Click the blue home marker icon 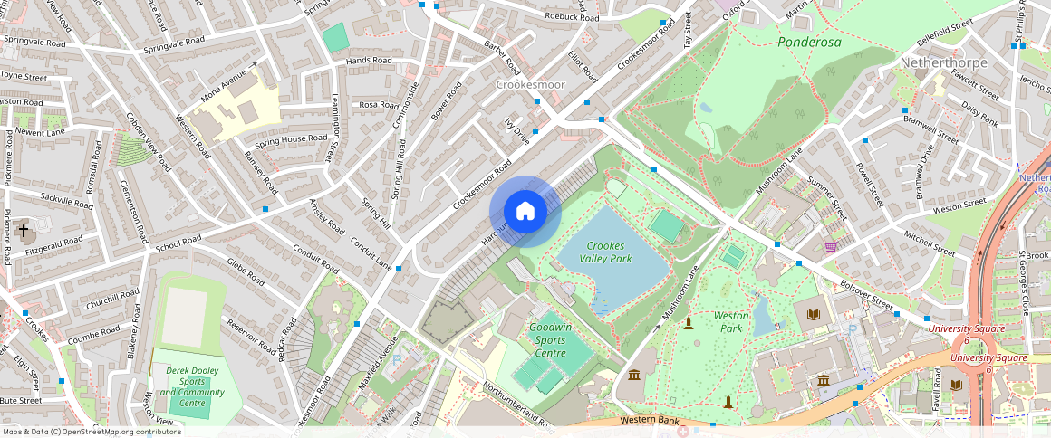tap(525, 212)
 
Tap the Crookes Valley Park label tap(608, 252)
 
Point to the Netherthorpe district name tap(943, 62)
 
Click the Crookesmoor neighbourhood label tap(530, 85)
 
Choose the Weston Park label tap(731, 322)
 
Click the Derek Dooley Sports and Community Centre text tap(190, 386)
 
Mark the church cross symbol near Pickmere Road tap(23, 231)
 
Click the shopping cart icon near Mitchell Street tap(831, 246)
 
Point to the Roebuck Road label tap(572, 17)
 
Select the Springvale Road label tap(35, 42)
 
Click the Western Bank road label tap(650, 421)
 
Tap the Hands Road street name tap(369, 61)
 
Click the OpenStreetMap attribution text tap(92, 432)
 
